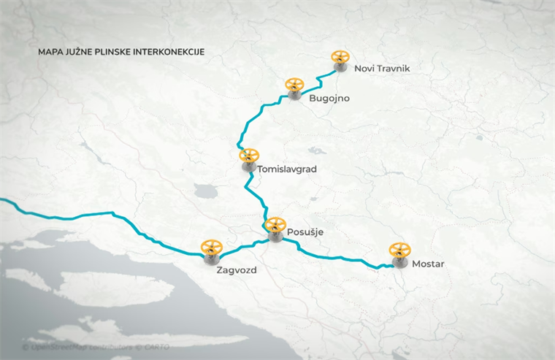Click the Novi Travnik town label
pos(383,69)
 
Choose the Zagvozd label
pos(237,269)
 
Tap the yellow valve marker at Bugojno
pos(294,88)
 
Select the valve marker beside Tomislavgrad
pos(248,159)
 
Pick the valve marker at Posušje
pos(275,229)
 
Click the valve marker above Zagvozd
pos(212,250)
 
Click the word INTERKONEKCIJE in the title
pos(166,53)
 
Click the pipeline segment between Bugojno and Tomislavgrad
pos(256,115)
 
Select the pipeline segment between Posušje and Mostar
pos(336,256)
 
